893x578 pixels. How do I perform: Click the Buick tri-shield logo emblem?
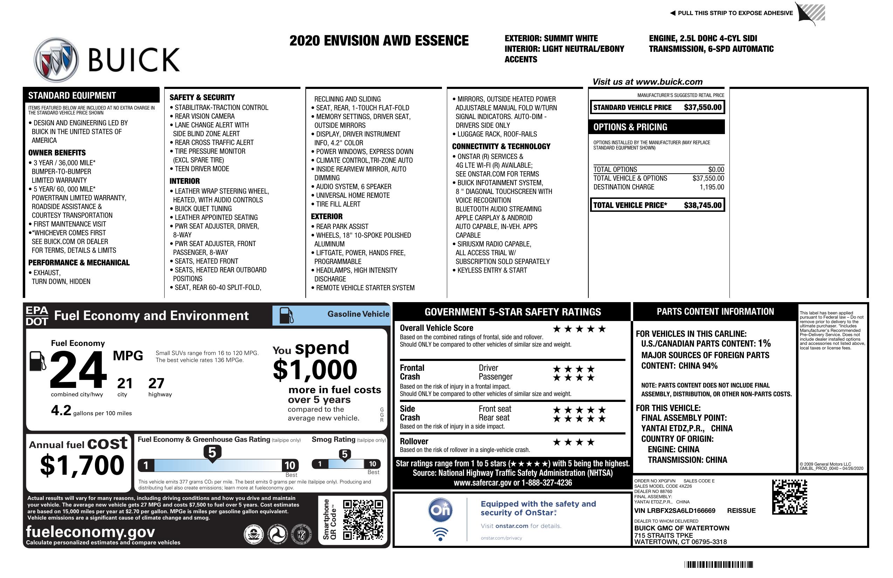56,60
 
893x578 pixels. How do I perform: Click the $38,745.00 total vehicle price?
702,205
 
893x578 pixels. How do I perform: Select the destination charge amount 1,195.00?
711,187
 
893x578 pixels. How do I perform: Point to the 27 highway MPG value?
156,383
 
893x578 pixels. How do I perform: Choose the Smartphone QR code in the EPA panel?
363,520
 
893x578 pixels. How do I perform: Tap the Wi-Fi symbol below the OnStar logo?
440,534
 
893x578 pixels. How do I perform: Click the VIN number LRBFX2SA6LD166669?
674,510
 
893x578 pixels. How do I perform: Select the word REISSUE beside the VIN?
741,510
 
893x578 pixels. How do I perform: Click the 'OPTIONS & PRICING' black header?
657,127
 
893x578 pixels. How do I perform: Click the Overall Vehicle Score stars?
579,329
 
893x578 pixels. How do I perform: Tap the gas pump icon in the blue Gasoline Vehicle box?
286,315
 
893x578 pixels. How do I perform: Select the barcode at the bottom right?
718,564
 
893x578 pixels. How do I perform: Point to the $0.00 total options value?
716,169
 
